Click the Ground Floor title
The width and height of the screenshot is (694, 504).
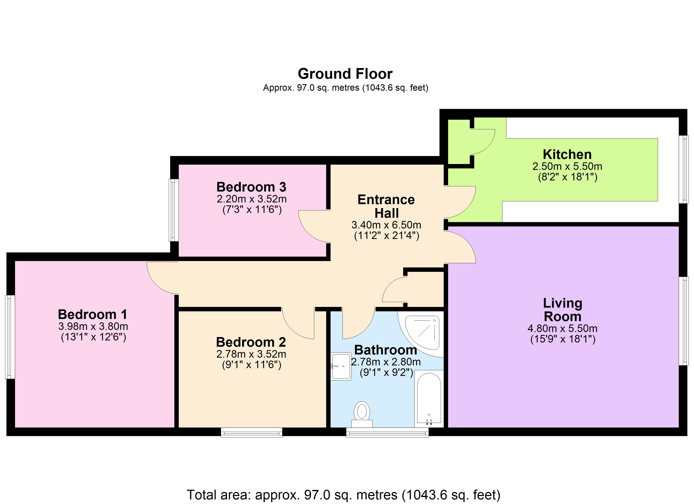[345, 74]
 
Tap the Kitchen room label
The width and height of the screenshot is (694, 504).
[567, 154]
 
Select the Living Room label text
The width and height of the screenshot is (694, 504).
[562, 310]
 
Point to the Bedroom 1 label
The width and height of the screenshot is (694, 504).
[92, 314]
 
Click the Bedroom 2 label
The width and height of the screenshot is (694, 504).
[251, 342]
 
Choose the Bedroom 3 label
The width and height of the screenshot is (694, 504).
[251, 187]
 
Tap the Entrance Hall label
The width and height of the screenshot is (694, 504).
[386, 206]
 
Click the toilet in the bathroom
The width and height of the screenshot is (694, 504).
[362, 415]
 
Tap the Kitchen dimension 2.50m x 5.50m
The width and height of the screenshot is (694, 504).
[567, 167]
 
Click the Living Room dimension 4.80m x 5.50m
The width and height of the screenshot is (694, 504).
[562, 329]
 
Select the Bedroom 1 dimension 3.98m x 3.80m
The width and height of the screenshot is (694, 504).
[93, 326]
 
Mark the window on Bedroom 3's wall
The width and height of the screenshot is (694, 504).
[173, 210]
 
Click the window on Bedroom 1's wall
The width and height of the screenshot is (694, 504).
[10, 337]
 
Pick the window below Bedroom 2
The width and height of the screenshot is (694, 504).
[252, 432]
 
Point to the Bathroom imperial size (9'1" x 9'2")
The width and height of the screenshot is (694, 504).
[386, 373]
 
